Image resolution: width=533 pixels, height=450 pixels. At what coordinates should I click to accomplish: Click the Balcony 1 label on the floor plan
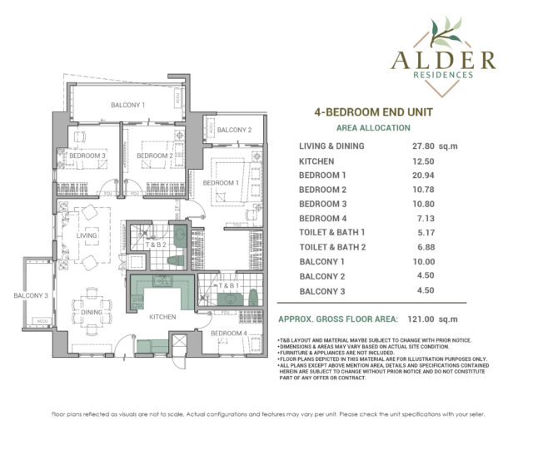point(128,106)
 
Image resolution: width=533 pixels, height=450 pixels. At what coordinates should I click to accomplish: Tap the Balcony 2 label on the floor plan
point(233,131)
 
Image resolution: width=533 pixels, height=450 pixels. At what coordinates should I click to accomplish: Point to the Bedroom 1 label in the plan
point(222,182)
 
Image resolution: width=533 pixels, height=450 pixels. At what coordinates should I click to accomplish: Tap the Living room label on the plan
point(86,236)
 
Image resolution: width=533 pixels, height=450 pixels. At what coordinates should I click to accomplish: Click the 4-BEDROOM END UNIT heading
point(372,111)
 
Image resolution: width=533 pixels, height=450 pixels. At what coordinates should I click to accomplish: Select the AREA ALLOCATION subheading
point(372,128)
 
